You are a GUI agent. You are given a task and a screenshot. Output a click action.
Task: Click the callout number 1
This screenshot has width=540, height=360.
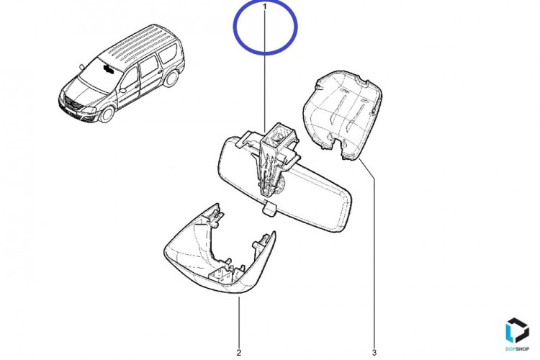click(264, 6)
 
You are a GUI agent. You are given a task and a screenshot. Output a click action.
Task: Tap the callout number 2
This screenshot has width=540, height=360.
click(239, 352)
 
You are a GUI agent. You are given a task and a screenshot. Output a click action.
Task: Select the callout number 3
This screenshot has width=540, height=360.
click(374, 352)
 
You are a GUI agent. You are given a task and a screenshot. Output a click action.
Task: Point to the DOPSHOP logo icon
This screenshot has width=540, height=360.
click(517, 330)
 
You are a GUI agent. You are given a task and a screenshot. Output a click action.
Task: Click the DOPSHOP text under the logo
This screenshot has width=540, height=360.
click(517, 349)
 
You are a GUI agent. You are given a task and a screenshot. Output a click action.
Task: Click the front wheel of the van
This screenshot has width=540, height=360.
click(107, 114)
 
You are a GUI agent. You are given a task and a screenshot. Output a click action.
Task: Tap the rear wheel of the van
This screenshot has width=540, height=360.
click(171, 78)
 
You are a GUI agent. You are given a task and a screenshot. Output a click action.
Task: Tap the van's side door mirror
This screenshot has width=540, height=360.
click(123, 91)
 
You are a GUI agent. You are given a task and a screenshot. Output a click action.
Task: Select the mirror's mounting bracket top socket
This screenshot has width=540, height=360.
click(279, 134)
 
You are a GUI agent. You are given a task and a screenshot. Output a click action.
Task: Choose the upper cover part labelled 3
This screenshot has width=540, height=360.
click(342, 114)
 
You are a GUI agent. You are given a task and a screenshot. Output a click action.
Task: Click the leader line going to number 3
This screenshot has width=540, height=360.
click(369, 254)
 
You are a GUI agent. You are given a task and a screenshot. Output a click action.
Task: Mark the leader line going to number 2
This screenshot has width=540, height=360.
click(239, 323)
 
